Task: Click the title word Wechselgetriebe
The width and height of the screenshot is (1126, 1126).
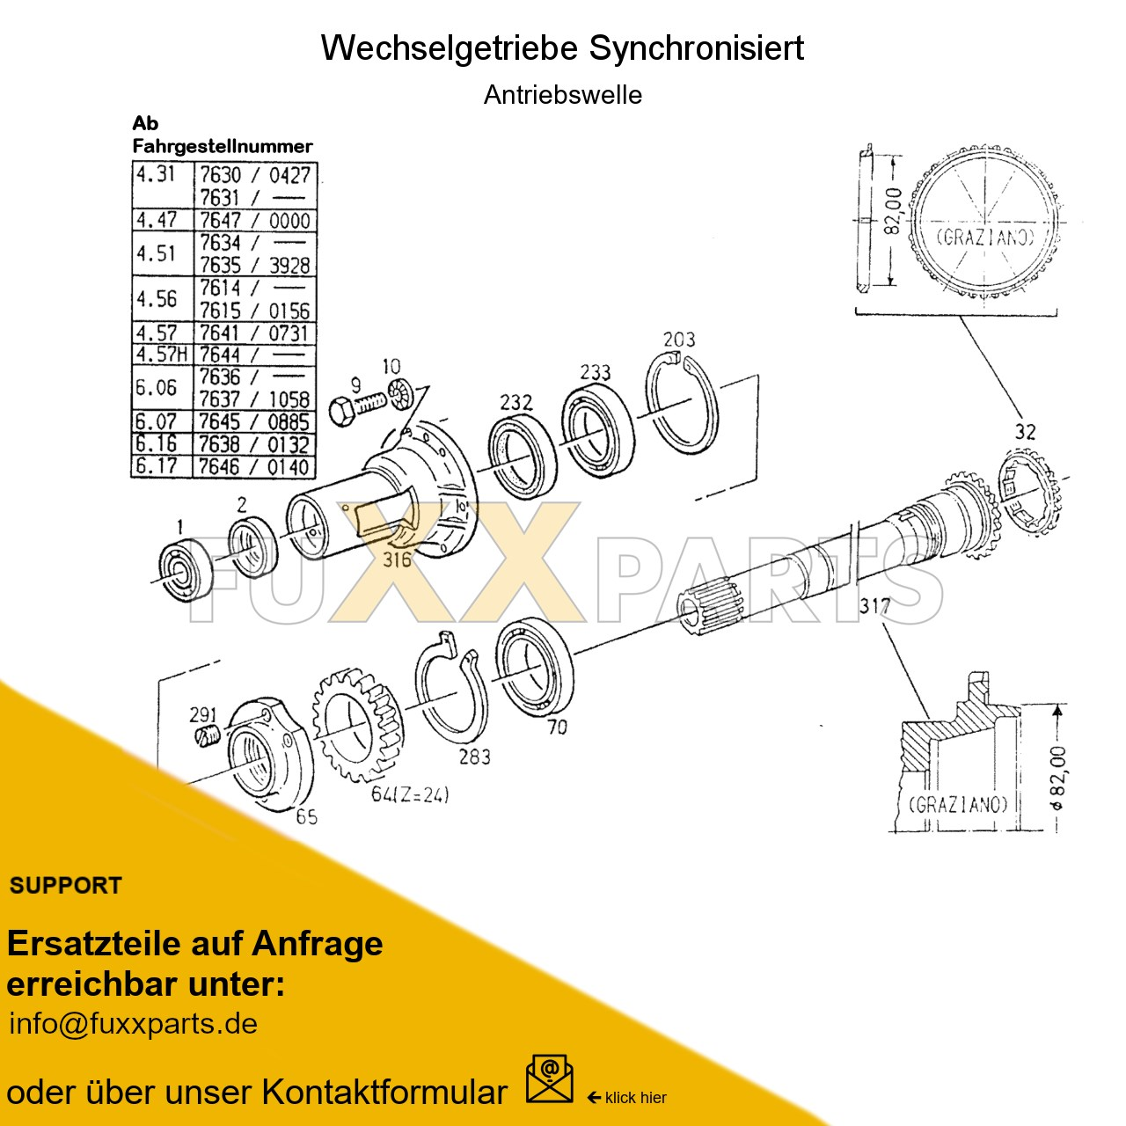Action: pos(450,48)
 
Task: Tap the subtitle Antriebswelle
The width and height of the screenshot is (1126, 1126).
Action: pos(563,95)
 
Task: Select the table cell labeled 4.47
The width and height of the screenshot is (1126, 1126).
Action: pos(157,220)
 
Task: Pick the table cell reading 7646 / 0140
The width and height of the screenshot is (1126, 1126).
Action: pos(254,467)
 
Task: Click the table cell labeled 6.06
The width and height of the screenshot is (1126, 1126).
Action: pos(157,388)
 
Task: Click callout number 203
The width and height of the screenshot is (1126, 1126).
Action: pos(679,340)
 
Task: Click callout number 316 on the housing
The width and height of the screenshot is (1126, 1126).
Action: pos(397,559)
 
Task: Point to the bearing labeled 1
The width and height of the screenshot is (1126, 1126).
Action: pos(186,572)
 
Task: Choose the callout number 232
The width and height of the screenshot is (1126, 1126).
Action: pos(516,403)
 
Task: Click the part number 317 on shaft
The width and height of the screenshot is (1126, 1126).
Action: pos(874,606)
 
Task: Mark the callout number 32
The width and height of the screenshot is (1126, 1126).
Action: pos(1026,432)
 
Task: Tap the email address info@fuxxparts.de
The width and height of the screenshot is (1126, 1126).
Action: pos(133,1024)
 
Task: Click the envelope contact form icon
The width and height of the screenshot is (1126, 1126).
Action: pos(549,1079)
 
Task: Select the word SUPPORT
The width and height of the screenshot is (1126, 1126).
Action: pos(66,886)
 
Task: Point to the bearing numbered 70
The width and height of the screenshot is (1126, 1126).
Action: pos(534,669)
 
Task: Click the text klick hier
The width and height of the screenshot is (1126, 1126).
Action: pos(635,1098)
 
